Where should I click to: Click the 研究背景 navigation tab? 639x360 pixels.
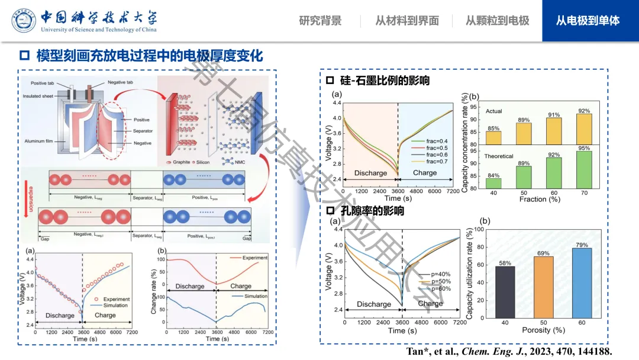(x=320, y=21)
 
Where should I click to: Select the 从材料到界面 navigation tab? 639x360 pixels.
(x=407, y=21)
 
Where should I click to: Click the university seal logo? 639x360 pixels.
(x=24, y=21)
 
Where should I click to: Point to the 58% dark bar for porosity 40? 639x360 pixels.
(x=505, y=292)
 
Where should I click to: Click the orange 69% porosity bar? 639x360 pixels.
(x=543, y=287)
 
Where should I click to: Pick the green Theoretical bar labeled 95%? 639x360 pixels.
(x=584, y=170)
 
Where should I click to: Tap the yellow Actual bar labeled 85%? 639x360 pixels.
(x=493, y=137)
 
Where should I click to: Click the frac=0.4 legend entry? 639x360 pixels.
(x=435, y=140)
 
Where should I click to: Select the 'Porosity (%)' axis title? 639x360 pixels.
(x=544, y=330)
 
